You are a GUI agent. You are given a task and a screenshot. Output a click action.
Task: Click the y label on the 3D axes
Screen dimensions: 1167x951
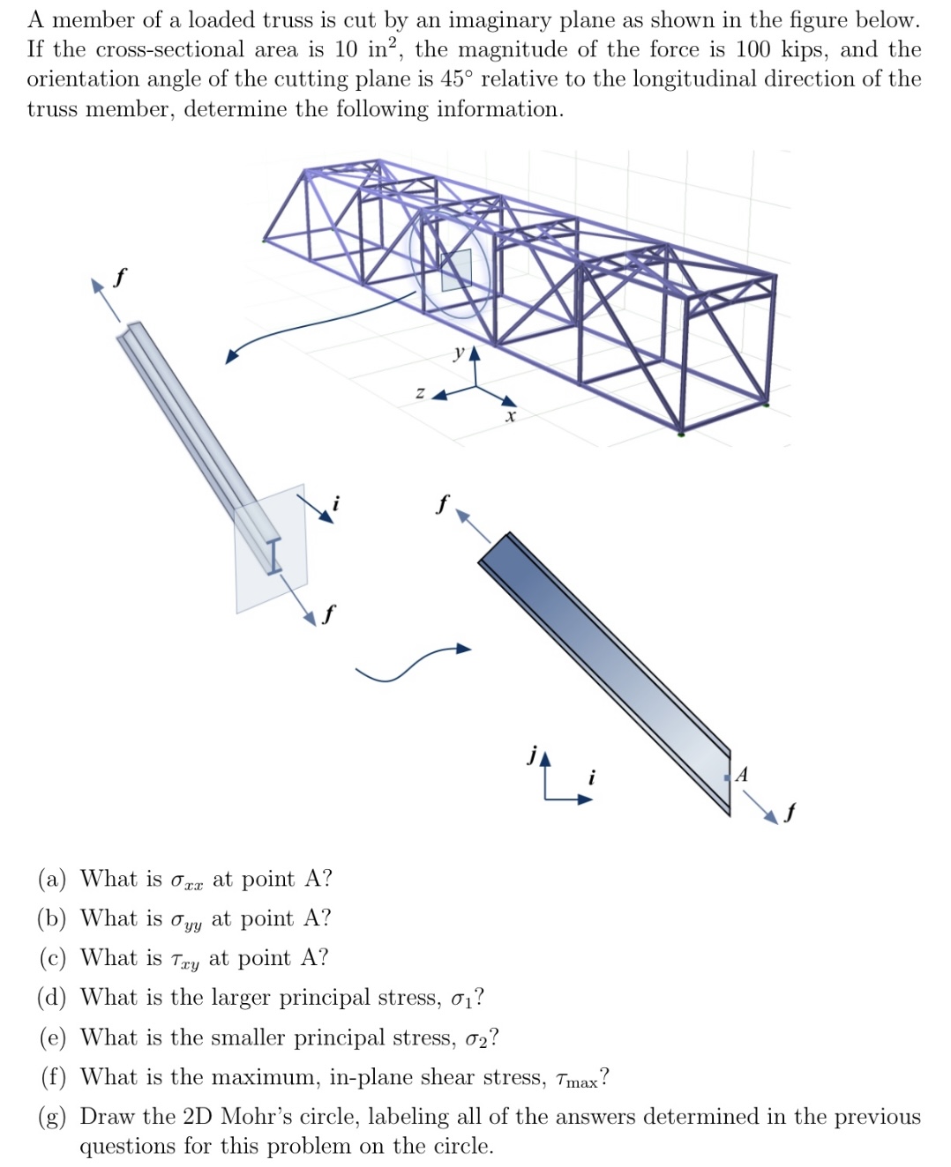(x=458, y=353)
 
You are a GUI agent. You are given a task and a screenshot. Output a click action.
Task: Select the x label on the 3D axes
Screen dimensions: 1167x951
(x=510, y=415)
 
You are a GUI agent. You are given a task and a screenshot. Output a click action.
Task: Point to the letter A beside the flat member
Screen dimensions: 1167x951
(x=742, y=775)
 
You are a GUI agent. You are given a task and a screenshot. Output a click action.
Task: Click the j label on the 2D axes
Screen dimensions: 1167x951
(x=531, y=754)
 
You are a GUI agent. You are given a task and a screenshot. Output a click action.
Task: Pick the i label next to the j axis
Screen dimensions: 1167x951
(x=592, y=777)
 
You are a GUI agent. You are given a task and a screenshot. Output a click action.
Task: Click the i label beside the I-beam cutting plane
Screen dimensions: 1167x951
(x=334, y=505)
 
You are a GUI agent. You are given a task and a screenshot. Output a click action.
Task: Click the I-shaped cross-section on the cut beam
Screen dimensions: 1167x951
(x=274, y=555)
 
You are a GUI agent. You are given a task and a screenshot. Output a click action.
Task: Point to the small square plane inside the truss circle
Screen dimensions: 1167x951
(x=456, y=270)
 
